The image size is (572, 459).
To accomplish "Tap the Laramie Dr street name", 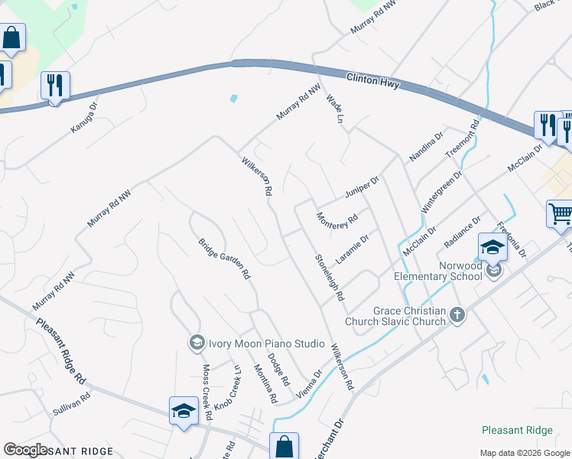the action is click(x=352, y=247).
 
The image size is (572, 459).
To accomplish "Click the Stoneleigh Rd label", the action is click(x=330, y=276).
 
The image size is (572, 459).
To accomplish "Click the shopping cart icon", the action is click(x=560, y=213).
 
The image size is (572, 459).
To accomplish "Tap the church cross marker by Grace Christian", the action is click(x=457, y=315).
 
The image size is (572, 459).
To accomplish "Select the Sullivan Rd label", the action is click(x=71, y=403).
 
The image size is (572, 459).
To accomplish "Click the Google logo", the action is click(x=25, y=450).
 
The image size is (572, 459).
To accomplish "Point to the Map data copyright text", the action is click(x=524, y=453).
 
